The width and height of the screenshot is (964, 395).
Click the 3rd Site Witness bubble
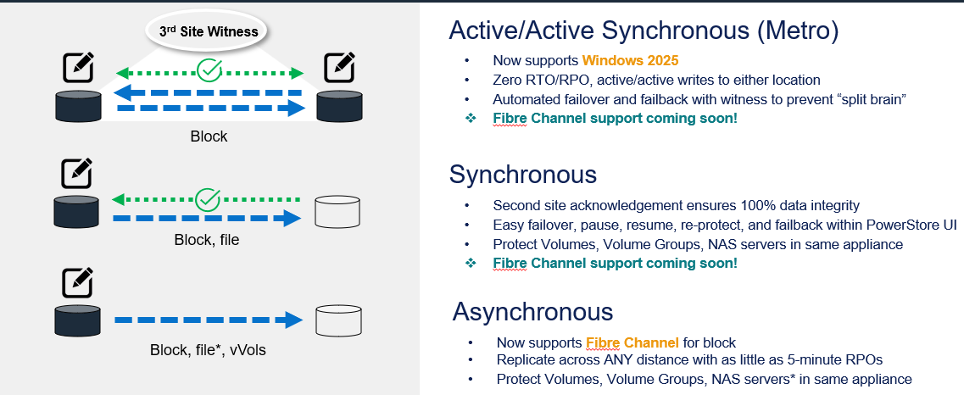tap(209, 31)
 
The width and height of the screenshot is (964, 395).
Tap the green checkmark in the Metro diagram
tap(208, 70)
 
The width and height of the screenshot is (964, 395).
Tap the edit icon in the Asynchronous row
tap(78, 282)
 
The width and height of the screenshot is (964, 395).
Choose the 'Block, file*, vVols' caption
tap(209, 349)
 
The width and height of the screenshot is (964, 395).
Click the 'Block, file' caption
tap(207, 240)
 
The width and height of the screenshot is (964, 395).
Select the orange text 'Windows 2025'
tap(629, 61)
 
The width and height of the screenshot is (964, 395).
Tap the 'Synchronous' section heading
tap(523, 175)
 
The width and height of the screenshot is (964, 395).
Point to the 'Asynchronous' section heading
tap(532, 311)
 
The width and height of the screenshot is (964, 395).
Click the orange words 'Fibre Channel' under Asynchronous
tap(632, 342)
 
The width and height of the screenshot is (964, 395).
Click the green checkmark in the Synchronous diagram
tap(208, 200)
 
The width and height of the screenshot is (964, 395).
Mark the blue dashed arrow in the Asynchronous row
tap(208, 320)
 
